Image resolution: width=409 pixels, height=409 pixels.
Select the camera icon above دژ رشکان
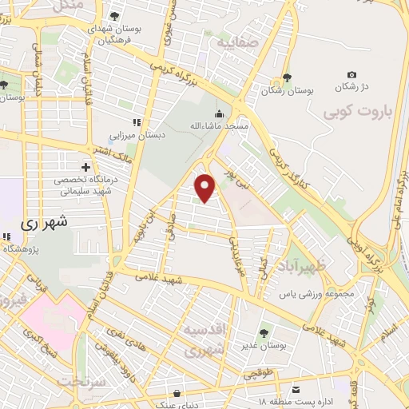click(x=351, y=73)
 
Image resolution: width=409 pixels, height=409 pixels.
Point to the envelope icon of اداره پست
click(x=296, y=389)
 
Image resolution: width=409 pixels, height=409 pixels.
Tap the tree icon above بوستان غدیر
click(x=263, y=332)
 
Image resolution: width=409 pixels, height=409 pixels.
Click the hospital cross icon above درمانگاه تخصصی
click(x=85, y=167)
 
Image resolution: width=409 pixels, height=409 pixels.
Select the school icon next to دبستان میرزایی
click(x=136, y=122)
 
